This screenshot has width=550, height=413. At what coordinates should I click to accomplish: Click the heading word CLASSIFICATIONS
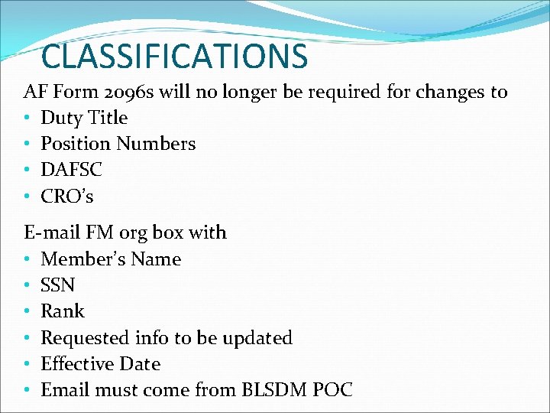[174, 57]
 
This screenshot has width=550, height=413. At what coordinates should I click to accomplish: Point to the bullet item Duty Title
[84, 118]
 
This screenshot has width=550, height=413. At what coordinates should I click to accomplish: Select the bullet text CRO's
[67, 197]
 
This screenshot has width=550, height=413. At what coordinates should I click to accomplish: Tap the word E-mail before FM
[50, 232]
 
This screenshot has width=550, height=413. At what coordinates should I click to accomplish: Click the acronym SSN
[57, 285]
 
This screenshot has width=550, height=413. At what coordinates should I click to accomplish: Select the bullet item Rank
[62, 311]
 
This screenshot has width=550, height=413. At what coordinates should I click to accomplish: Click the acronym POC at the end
[333, 390]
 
